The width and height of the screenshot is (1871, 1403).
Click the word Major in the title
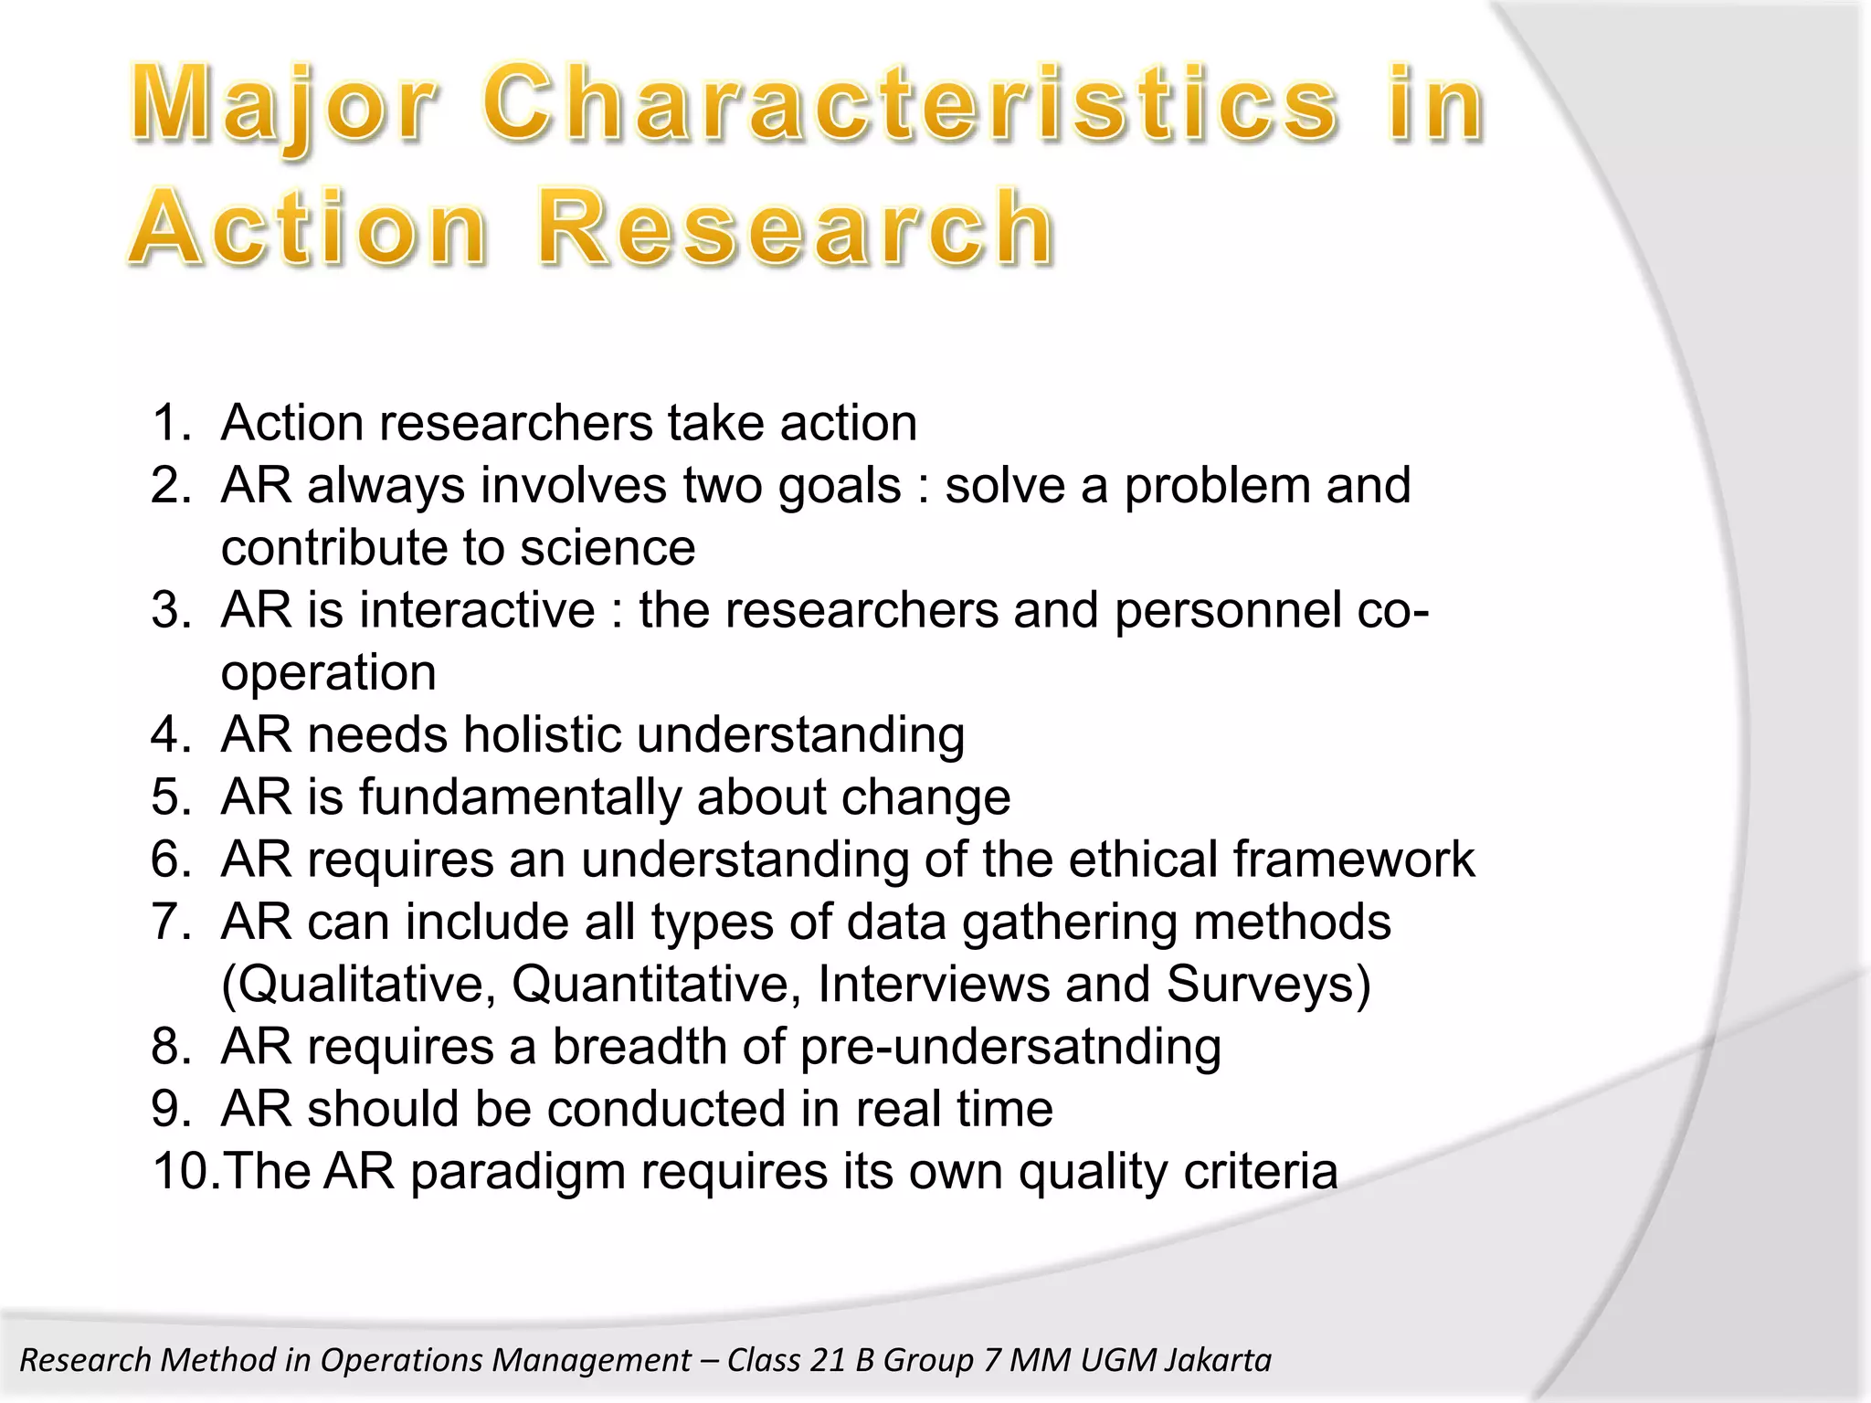pyautogui.click(x=283, y=105)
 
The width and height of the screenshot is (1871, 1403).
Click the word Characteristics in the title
pyautogui.click(x=910, y=105)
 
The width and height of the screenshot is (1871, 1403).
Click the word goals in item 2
pyautogui.click(x=840, y=485)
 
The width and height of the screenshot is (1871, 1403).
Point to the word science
pyautogui.click(x=608, y=548)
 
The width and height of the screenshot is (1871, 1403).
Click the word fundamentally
pyautogui.click(x=520, y=797)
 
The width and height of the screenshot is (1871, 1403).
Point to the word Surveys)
pyautogui.click(x=1268, y=985)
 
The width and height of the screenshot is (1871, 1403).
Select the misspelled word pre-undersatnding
pyautogui.click(x=1010, y=1047)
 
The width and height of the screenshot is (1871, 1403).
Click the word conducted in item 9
pyautogui.click(x=666, y=1109)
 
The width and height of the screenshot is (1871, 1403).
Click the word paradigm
pyautogui.click(x=517, y=1173)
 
